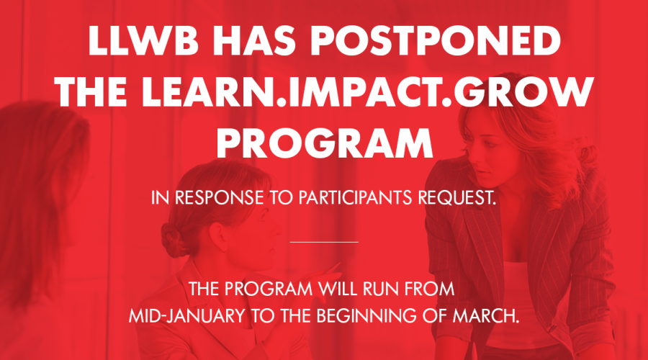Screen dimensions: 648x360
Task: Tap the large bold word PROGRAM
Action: [325, 143]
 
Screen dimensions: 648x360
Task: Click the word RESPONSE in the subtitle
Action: [219, 197]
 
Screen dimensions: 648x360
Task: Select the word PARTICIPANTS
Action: [355, 197]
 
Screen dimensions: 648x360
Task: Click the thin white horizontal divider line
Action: [324, 242]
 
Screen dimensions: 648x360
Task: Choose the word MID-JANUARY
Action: [186, 316]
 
